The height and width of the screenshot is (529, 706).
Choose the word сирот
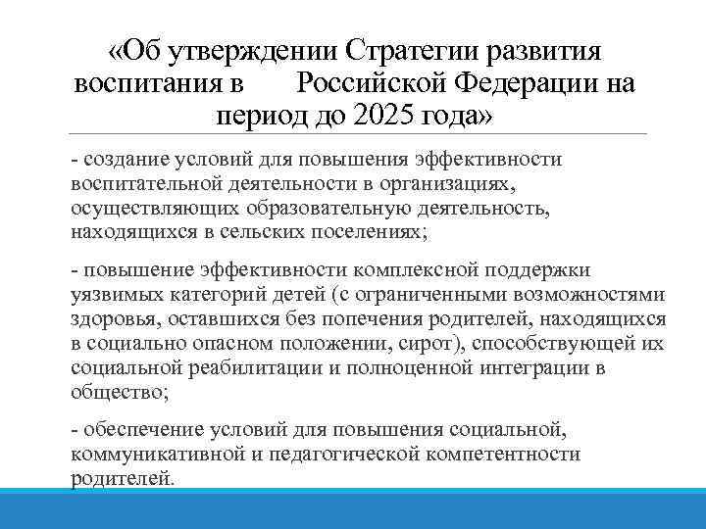coord(435,343)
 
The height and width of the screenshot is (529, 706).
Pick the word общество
coord(118,392)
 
